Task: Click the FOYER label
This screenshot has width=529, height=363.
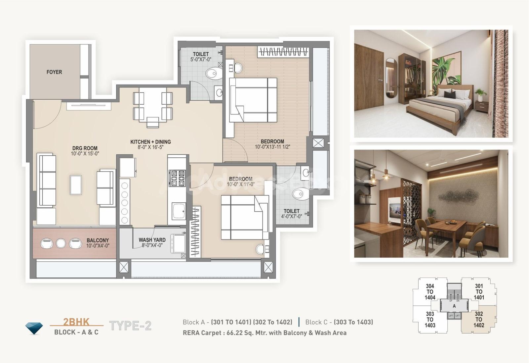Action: coord(54,72)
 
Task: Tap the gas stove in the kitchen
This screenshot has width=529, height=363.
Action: coord(177,178)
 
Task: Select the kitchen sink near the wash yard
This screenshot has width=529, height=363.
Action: coord(179,211)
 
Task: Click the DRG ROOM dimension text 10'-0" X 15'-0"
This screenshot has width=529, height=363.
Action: coord(85,154)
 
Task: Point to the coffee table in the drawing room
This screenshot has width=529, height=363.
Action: coord(76,185)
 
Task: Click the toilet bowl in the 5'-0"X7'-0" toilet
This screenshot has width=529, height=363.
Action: coord(214,73)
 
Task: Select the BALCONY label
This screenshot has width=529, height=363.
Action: coord(98,240)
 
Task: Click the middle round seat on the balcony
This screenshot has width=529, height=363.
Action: coord(61,243)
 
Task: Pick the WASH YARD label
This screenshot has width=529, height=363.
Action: coord(152,240)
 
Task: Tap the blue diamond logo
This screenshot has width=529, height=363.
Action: coord(34,328)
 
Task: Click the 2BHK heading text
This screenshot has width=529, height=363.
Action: coord(76,322)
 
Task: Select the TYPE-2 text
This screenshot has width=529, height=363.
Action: coord(130,326)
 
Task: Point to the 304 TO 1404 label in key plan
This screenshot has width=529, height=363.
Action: coord(430,292)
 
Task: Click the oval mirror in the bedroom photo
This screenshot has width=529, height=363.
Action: coord(391,78)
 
